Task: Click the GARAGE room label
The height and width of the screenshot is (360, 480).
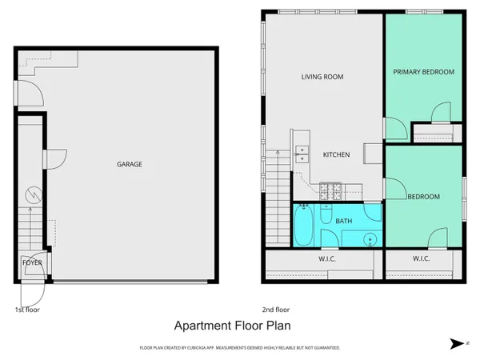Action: point(130,164)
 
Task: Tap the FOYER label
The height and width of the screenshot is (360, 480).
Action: point(32,262)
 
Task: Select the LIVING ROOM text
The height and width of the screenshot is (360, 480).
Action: point(322,77)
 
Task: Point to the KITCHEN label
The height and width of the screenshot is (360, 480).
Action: point(336,154)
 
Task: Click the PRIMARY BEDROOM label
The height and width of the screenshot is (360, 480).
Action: point(423,72)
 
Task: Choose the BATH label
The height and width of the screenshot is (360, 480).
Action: point(343,220)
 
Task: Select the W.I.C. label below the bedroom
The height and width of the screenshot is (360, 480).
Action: point(422,258)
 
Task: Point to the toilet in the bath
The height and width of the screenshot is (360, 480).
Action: point(326,216)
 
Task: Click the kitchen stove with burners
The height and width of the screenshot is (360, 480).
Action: point(330,191)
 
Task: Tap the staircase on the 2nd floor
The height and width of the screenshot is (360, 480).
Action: point(276,181)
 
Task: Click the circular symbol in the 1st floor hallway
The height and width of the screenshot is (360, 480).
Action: point(33,194)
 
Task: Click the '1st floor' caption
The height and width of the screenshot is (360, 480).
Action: point(27,310)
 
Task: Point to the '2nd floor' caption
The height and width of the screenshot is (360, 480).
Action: point(275,310)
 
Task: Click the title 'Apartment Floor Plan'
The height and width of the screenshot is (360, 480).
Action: point(233,326)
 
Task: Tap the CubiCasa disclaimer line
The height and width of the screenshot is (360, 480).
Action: point(240,348)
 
